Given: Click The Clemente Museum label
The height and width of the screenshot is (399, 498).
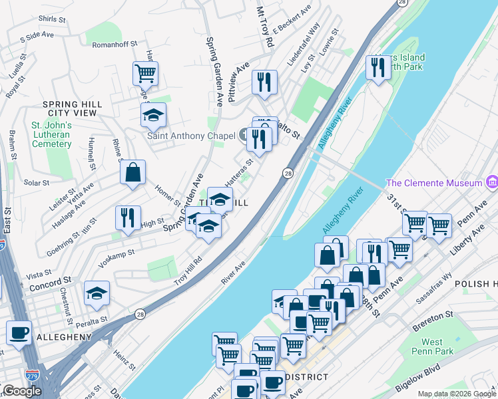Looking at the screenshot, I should click(434, 183).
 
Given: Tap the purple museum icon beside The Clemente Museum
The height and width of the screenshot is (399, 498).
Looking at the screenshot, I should click(492, 182).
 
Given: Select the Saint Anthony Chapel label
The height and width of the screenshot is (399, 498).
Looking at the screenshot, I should click(191, 136).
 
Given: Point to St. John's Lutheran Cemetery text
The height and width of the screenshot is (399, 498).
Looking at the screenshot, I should click(51, 134).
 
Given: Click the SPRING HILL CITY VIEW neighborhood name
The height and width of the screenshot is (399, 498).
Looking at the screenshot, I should click(72, 109).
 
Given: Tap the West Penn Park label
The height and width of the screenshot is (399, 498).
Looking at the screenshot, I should click(431, 346).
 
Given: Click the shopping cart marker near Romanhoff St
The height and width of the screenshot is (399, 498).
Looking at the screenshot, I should click(145, 72).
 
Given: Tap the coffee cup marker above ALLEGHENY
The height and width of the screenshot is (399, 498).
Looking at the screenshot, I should click(19, 332).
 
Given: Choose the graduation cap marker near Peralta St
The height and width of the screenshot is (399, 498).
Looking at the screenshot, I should click(97, 292).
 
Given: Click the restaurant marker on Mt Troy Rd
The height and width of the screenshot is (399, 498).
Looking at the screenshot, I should click(264, 82).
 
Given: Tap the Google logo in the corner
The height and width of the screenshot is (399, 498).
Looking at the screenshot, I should click(22, 391).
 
